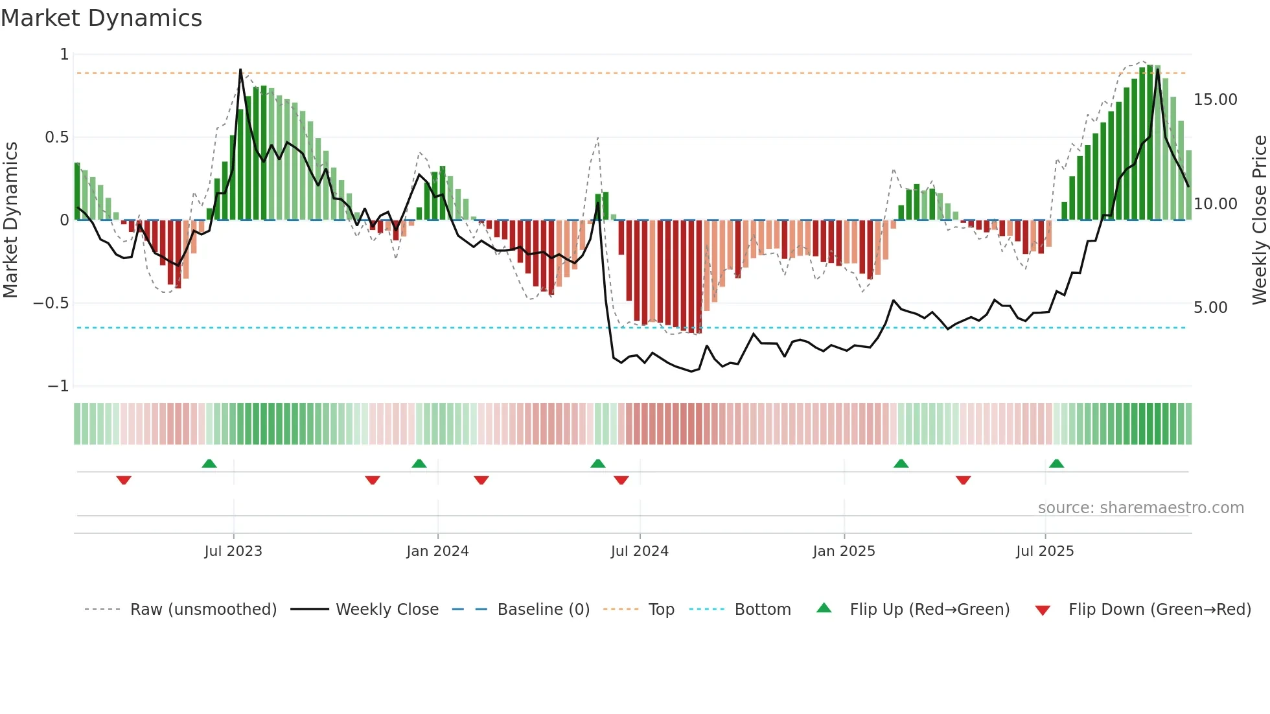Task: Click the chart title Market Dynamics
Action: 102,18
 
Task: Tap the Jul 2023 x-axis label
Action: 233,551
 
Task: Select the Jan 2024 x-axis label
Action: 437,551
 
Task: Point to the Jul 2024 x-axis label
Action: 640,551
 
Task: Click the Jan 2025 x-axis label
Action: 844,551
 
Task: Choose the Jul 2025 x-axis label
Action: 1045,551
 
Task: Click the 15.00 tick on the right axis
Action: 1215,100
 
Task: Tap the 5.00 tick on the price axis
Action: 1210,307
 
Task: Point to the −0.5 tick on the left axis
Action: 51,303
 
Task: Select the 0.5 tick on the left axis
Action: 56,137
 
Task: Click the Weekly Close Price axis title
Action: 1259,220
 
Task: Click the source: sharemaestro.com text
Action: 1140,507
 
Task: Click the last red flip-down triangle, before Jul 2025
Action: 963,480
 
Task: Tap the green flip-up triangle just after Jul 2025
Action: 1056,463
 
